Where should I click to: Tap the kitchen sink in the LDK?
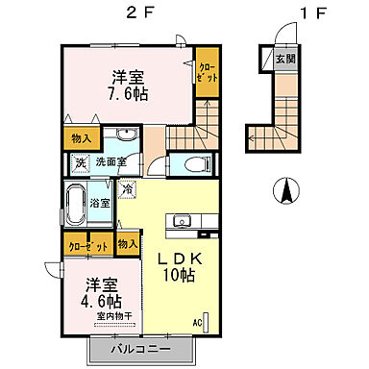pos(184,222)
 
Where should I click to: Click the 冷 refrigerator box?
pos(128,190)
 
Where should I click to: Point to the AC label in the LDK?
pos(197,321)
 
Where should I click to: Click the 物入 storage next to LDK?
pos(127,245)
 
